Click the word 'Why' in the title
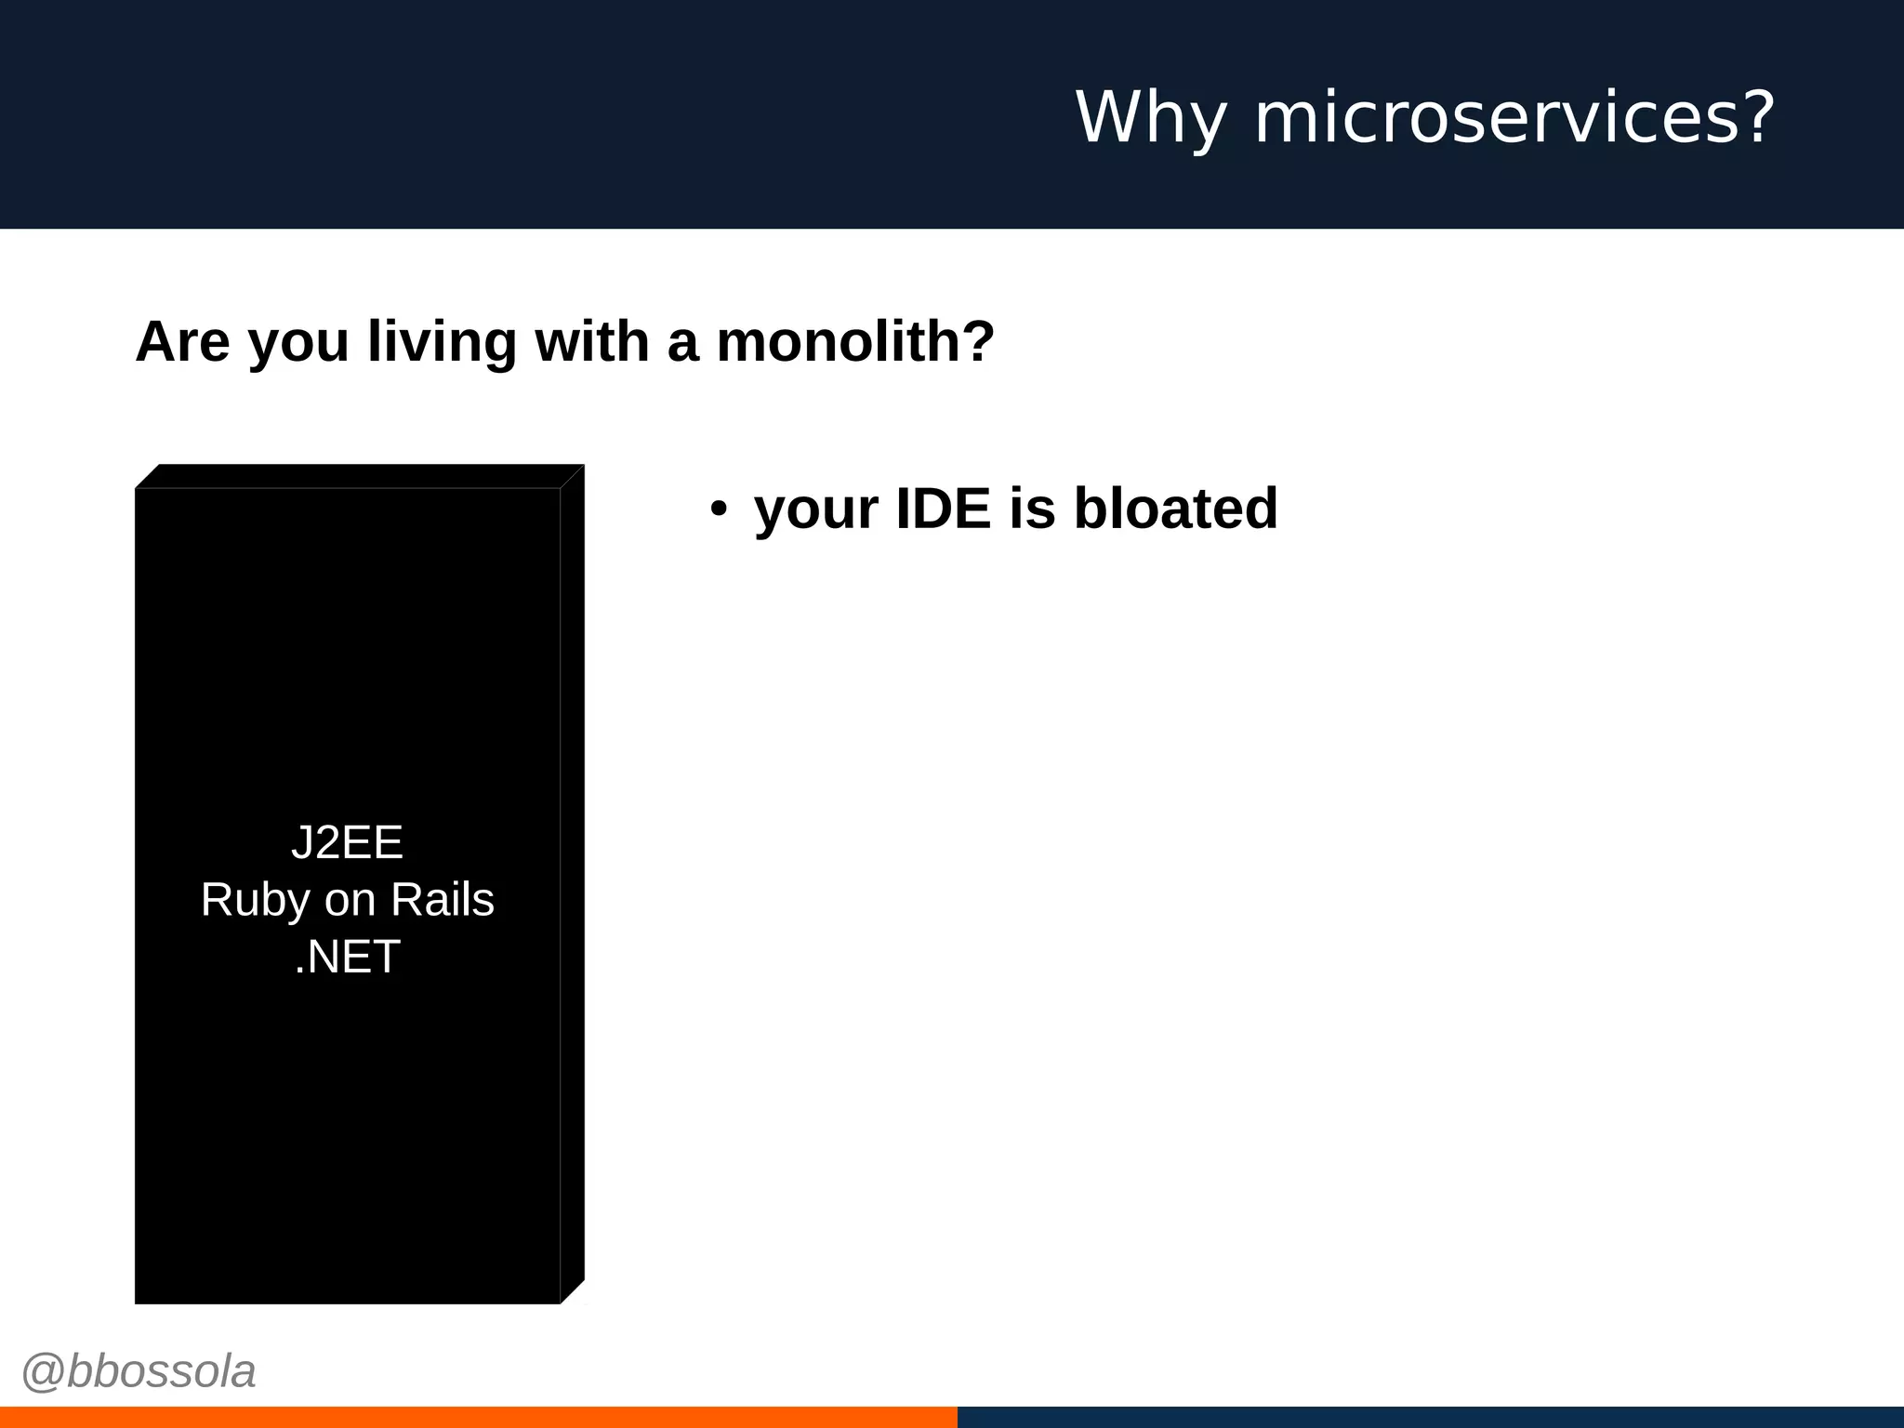pos(1151,118)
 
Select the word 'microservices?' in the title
pos(1514,118)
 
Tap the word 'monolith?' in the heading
pos(855,341)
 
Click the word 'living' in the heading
pos(442,341)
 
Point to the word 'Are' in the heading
pos(182,341)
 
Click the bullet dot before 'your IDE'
pos(718,509)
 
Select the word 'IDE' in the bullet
pos(943,509)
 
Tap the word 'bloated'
pos(1175,509)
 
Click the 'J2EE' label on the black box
pos(347,842)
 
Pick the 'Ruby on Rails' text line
pos(347,900)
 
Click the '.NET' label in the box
pos(347,957)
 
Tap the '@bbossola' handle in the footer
pos(139,1371)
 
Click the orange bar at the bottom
pos(478,1417)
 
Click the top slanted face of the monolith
pos(359,476)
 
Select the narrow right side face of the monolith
pos(572,883)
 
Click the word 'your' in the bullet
pos(815,509)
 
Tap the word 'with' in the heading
pos(592,341)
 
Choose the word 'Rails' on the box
pos(442,900)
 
